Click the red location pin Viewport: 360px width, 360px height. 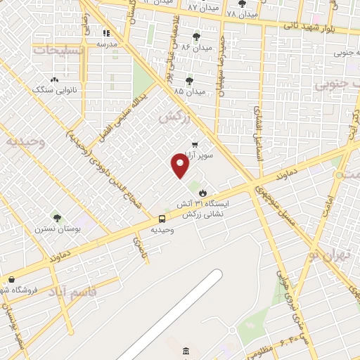pyautogui.click(x=180, y=167)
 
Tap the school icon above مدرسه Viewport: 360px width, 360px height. pyautogui.click(x=106, y=32)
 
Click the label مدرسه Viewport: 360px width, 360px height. pyautogui.click(x=106, y=44)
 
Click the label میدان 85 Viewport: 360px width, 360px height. pyautogui.click(x=189, y=91)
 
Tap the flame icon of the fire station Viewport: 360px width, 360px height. pyautogui.click(x=202, y=192)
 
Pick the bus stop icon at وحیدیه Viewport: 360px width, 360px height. pyautogui.click(x=162, y=219)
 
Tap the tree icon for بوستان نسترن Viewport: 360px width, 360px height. pyautogui.click(x=57, y=219)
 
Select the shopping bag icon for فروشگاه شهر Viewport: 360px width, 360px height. pyautogui.click(x=10, y=280)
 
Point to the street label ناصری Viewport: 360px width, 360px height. pyautogui.click(x=137, y=245)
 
